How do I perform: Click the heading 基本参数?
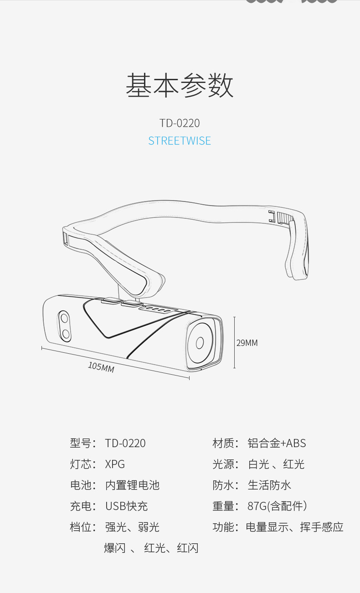(180, 85)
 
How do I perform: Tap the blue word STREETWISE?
(180, 140)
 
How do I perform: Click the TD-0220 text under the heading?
(180, 123)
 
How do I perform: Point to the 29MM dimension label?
(247, 343)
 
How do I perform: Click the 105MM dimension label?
(101, 366)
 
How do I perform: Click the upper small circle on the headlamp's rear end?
(64, 317)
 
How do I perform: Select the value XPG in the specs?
(115, 464)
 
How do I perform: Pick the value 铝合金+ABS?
(277, 443)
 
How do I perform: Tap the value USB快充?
(127, 506)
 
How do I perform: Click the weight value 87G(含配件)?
(277, 506)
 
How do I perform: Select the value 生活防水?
(269, 485)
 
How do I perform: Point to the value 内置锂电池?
(132, 485)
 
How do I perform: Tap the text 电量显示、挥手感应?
(294, 527)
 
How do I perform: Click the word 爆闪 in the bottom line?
(115, 548)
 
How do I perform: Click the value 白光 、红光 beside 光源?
(276, 464)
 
